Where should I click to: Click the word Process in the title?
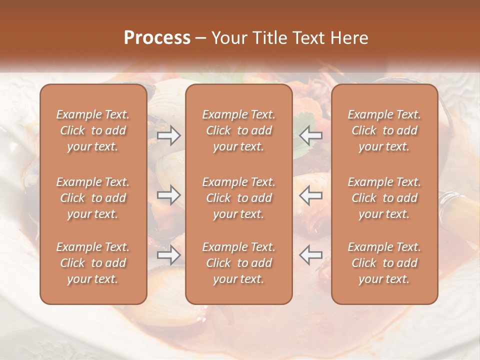point(157,38)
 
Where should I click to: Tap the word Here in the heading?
point(349,38)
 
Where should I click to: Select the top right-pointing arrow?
point(169,135)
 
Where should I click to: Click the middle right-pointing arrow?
point(169,195)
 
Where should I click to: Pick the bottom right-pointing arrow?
point(169,255)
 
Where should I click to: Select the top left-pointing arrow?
point(311,135)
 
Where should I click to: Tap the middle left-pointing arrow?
point(311,195)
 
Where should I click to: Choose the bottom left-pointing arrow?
point(311,255)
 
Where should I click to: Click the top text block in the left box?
point(93,130)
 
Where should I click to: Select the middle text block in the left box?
point(93,198)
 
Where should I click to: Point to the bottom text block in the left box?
point(93,263)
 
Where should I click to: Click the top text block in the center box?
point(239,130)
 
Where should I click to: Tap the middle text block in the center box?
point(239,198)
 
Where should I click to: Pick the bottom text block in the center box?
point(239,263)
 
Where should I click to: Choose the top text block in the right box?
point(384,130)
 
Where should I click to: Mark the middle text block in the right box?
point(384,198)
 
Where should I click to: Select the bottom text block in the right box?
point(384,263)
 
